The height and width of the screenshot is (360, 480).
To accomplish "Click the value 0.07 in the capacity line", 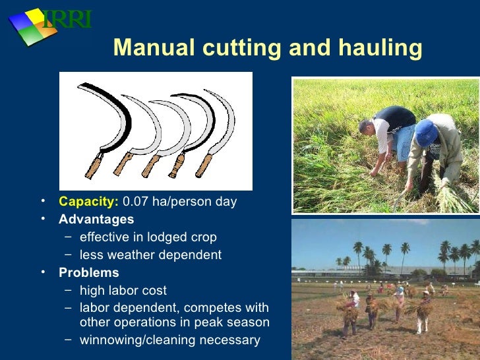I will (x=136, y=202).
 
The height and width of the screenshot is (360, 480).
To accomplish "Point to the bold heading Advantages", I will (x=96, y=219).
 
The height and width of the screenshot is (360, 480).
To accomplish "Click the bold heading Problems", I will (x=89, y=272).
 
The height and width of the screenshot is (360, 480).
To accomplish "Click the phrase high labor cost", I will (x=123, y=290).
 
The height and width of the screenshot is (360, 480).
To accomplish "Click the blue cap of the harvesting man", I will (x=427, y=131).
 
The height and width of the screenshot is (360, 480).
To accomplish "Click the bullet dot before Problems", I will (x=42, y=272).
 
